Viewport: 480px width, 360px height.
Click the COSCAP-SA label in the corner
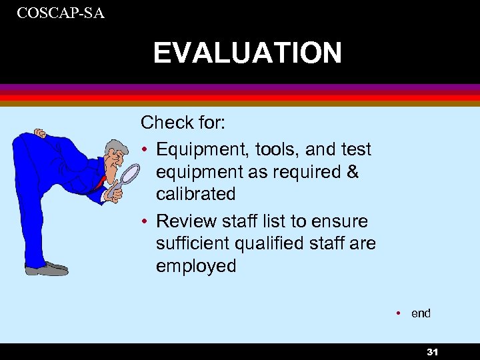coord(61,12)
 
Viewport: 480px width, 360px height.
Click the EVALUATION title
coord(247,53)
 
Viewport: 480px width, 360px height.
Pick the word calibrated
coord(196,195)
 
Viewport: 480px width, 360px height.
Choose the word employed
coord(196,266)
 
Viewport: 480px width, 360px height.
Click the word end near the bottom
coord(421,313)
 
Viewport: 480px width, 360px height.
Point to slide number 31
coord(433,352)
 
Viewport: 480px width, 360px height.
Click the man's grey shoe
coord(47,269)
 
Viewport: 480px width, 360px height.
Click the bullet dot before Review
coord(145,221)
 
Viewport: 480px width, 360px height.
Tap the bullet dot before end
coord(397,313)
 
